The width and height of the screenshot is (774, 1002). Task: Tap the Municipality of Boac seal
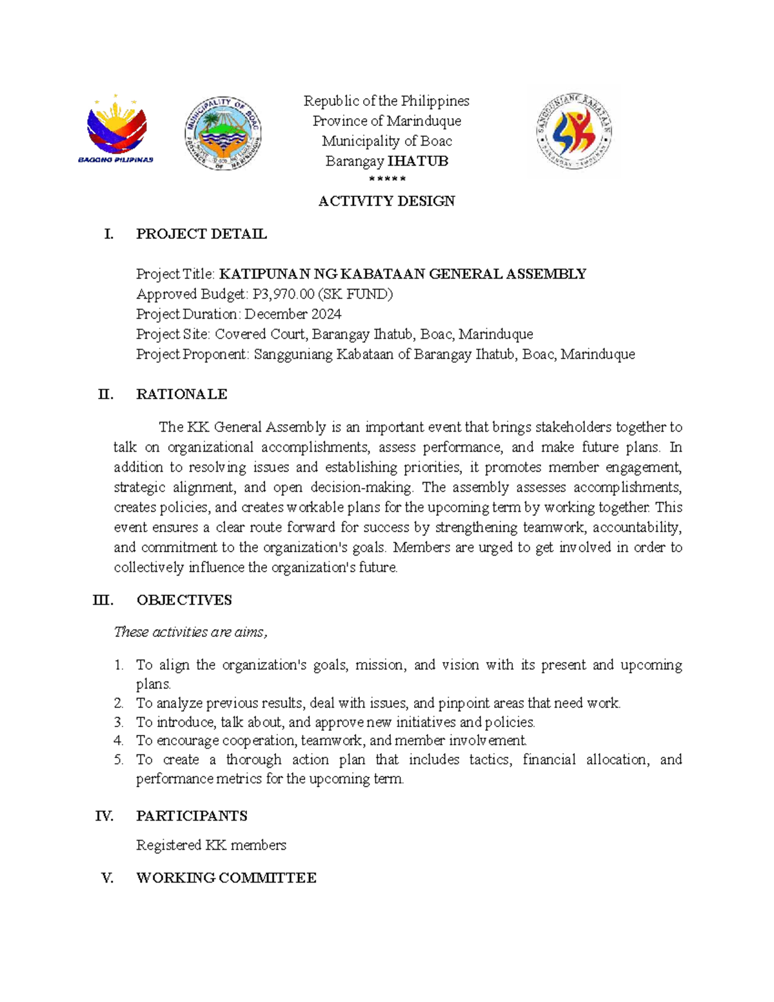coord(223,134)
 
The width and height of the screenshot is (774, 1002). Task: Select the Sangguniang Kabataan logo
coord(573,132)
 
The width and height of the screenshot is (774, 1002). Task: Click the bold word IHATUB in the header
coord(418,161)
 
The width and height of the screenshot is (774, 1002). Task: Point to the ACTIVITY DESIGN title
coord(386,201)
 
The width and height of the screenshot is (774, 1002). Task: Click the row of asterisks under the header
coord(386,179)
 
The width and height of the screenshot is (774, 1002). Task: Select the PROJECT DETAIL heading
coord(201,234)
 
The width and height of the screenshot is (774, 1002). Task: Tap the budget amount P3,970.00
coord(283,294)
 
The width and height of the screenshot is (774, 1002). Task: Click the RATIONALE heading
coord(181,394)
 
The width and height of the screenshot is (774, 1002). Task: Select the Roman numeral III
coord(103,600)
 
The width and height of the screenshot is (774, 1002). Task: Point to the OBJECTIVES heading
coord(184,600)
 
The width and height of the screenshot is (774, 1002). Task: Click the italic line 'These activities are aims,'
coord(190,632)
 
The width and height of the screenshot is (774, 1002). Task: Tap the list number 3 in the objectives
coord(119,722)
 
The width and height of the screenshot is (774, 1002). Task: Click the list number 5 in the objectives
coord(119,760)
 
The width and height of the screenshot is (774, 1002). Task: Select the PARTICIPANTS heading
coord(192,816)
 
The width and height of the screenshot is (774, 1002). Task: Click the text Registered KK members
coord(211,845)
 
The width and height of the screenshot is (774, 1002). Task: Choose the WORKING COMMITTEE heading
coord(226,878)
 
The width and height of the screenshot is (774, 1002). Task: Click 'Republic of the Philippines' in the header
coord(386,101)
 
